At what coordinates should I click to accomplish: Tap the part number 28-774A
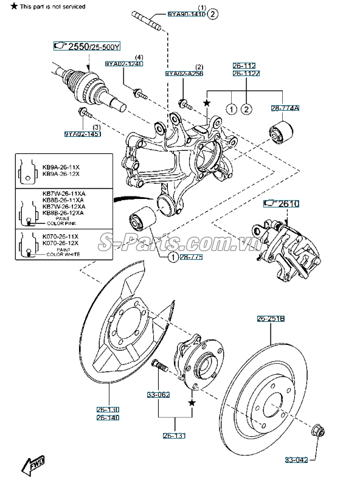pyautogui.click(x=285, y=108)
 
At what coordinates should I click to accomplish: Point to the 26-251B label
pyautogui.click(x=270, y=318)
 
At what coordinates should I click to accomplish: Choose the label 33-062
pyautogui.click(x=159, y=394)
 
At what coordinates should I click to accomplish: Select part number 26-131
pyautogui.click(x=175, y=436)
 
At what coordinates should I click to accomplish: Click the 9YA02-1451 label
pyautogui.click(x=82, y=133)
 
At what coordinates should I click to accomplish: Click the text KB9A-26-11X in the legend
pyautogui.click(x=60, y=165)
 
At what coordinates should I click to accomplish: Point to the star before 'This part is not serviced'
pyautogui.click(x=6, y=6)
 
